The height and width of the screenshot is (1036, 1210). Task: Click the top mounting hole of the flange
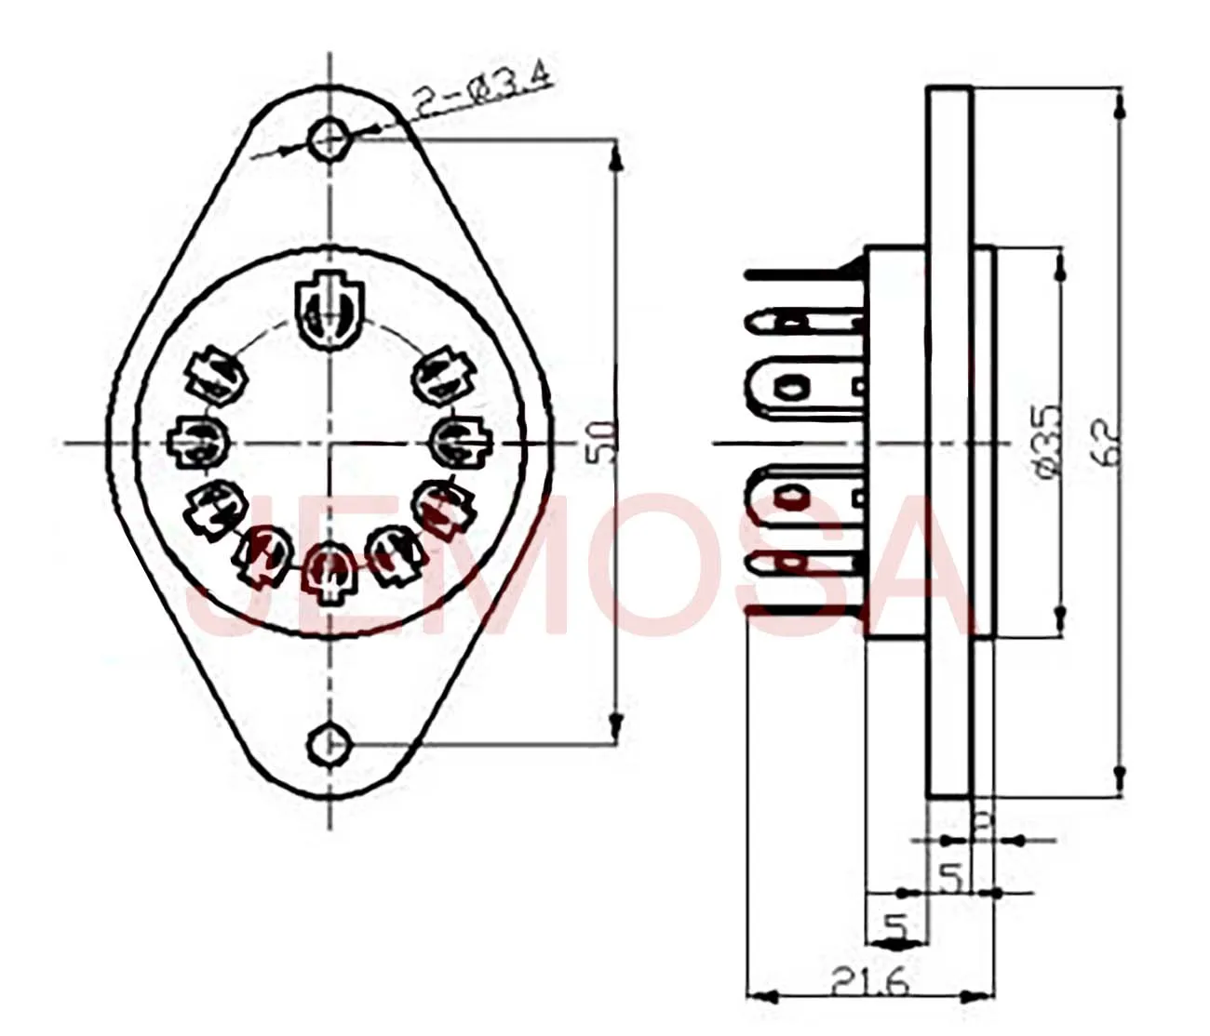coord(330,140)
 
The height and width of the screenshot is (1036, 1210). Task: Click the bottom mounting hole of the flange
coord(329,743)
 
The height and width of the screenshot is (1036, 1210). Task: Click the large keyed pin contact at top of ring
coord(328,311)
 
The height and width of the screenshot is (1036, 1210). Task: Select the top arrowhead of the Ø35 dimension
coord(1059,265)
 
